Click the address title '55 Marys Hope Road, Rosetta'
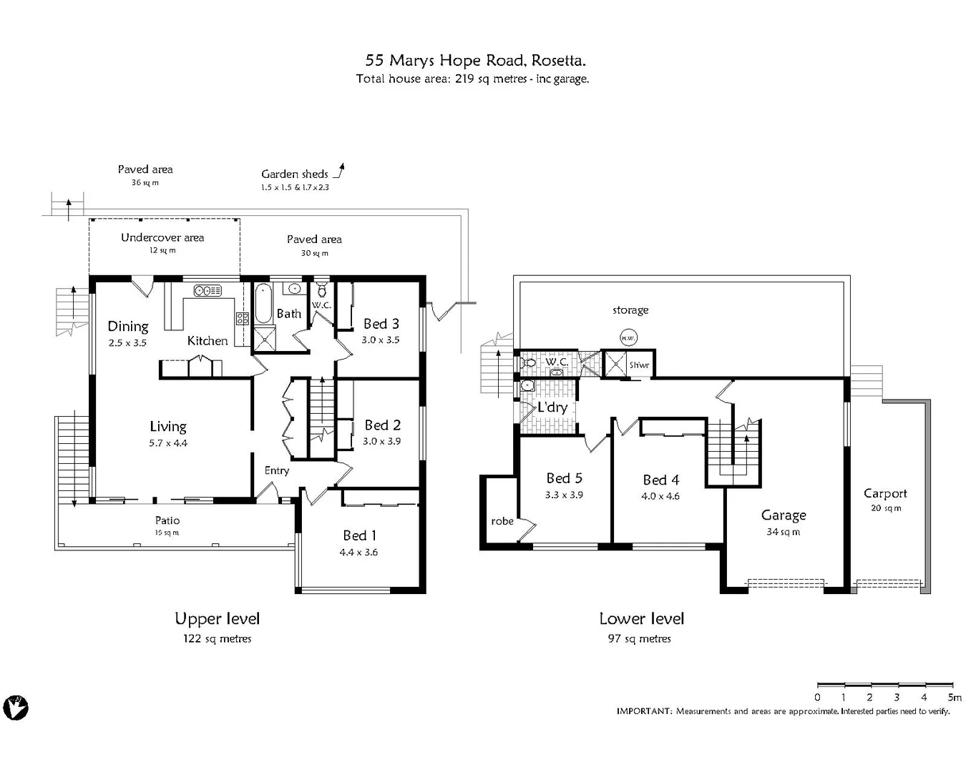point(476,61)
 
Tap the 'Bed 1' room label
point(359,535)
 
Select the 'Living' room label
point(168,427)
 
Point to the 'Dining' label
point(128,327)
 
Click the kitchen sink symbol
point(208,290)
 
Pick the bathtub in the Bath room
point(262,304)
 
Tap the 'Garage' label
point(784,515)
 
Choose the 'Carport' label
point(885,493)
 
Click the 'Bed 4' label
point(660,480)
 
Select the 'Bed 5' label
point(565,478)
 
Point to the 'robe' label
point(502,521)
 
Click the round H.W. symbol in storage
point(628,337)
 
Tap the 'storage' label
point(630,310)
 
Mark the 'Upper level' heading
point(217,619)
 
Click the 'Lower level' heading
point(641,619)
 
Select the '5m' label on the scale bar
point(954,697)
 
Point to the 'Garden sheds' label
point(294,174)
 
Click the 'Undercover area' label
point(162,237)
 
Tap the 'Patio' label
point(167,520)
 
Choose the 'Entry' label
point(276,470)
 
